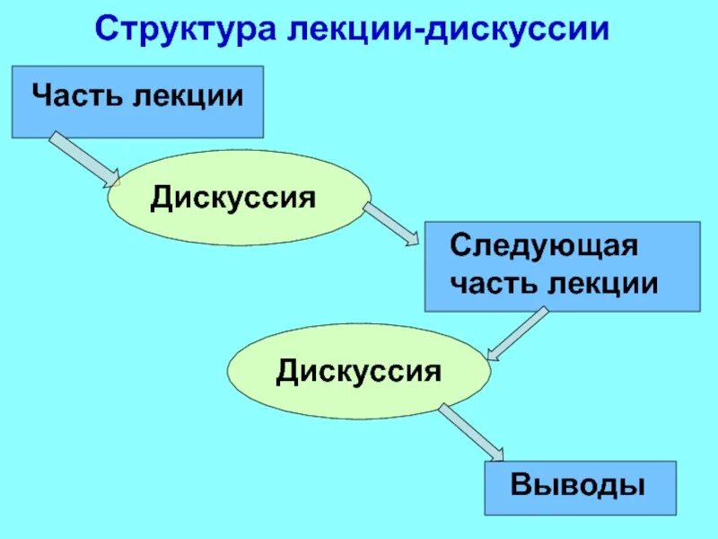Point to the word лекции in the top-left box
188,95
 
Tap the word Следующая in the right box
544,244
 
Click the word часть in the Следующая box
491,284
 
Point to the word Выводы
579,486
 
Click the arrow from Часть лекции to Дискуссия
83,158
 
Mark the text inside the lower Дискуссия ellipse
359,371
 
